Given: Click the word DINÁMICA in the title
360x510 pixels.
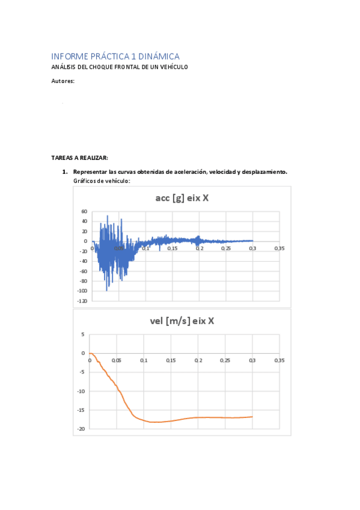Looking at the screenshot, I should tap(158, 56).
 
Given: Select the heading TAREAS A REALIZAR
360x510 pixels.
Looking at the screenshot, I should tap(79, 158).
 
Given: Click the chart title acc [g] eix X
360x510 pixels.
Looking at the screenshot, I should tap(181, 198).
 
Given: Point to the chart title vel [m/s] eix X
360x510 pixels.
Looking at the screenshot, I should tap(182, 321).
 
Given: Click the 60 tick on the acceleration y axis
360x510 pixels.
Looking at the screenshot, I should tap(84, 212).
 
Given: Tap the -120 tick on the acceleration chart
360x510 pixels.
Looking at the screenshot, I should tap(81, 300).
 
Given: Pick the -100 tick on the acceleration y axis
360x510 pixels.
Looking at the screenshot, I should tap(81, 290).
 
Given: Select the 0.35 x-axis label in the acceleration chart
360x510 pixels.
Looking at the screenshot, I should tap(279, 248).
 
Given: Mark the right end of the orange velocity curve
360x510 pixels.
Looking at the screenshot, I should tap(252, 417).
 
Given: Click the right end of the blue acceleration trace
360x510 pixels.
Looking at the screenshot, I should tap(252, 241).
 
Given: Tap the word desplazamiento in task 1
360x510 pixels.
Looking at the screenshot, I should tap(264, 172).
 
